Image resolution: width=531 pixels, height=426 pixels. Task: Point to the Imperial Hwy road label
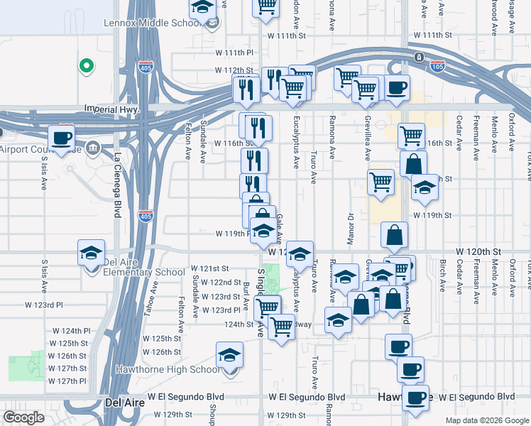click(109, 109)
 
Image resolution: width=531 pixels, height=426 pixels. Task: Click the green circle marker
click(87, 67)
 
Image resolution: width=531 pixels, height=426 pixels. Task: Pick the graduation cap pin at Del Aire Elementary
click(90, 253)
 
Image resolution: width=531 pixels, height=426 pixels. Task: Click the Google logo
click(23, 417)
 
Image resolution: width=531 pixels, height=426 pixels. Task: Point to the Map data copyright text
click(486, 420)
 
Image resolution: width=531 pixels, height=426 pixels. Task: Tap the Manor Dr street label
click(351, 229)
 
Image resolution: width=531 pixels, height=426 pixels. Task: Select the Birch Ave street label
click(442, 275)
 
